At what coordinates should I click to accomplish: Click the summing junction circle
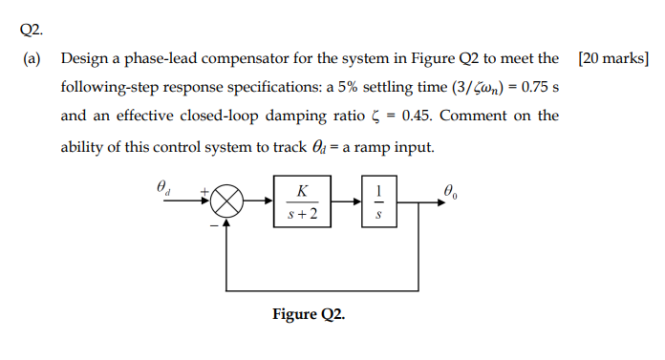(x=227, y=202)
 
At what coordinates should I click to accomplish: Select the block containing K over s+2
(x=303, y=202)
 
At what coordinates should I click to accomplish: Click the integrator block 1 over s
(x=380, y=202)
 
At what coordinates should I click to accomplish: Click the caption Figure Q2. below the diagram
(x=309, y=313)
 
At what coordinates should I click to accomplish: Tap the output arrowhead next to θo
(x=439, y=202)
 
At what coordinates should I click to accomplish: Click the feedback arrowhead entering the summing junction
(x=227, y=222)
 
